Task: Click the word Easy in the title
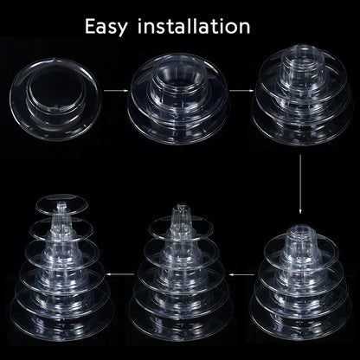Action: [x=106, y=27]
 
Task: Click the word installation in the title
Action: [x=194, y=26]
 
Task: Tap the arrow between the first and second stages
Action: [x=116, y=91]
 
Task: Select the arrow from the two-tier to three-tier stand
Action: [x=242, y=91]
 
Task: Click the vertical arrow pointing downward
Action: [x=300, y=183]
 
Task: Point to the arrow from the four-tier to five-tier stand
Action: [x=242, y=274]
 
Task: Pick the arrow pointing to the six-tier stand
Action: [x=120, y=273]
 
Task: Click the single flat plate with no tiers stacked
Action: [x=55, y=99]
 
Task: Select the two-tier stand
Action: [x=178, y=99]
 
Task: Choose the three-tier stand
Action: [x=302, y=94]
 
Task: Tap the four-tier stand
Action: [x=301, y=283]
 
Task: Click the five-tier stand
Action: [x=180, y=273]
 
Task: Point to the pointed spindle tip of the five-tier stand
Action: [x=181, y=209]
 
